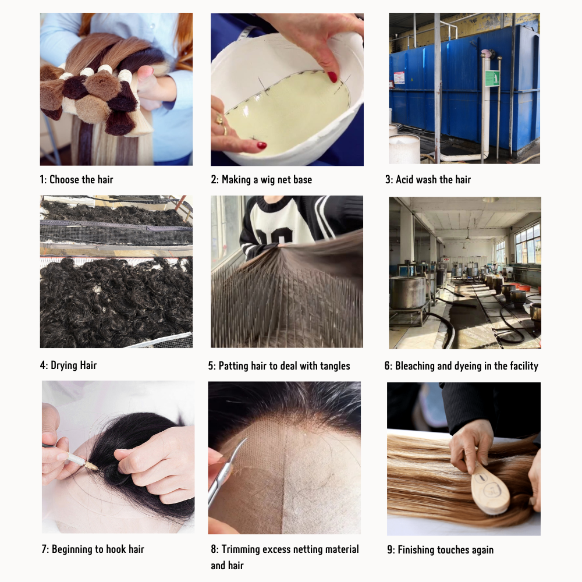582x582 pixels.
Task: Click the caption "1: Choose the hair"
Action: click(x=76, y=180)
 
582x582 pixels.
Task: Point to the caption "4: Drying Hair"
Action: click(x=68, y=365)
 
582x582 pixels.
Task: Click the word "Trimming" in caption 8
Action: click(x=239, y=549)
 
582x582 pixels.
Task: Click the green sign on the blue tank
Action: click(x=492, y=79)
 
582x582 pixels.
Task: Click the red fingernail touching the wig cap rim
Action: click(x=332, y=77)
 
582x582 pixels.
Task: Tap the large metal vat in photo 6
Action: click(x=408, y=292)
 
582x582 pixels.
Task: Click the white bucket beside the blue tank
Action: click(x=404, y=148)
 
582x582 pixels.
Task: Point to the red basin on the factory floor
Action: click(x=524, y=288)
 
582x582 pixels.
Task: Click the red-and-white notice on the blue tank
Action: click(x=399, y=77)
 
